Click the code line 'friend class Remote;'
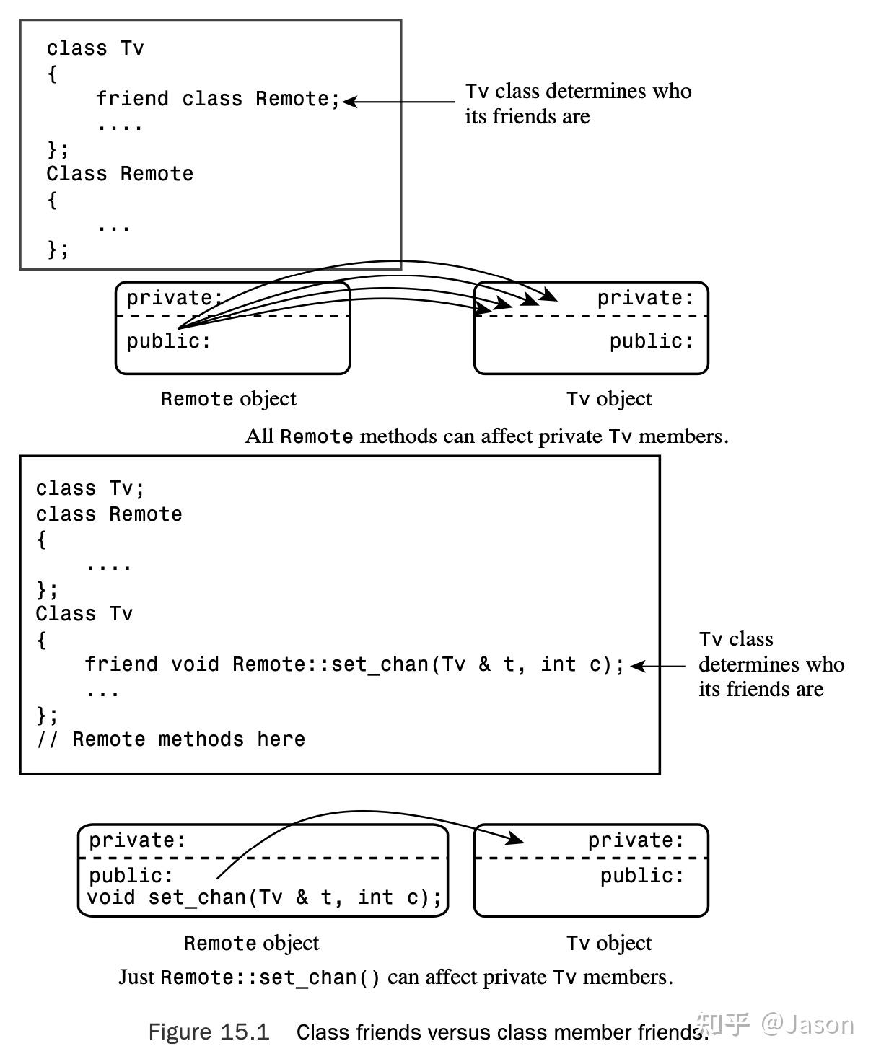(218, 98)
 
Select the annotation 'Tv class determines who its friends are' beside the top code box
(578, 103)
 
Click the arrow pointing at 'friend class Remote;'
(399, 102)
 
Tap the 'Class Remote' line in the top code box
(120, 174)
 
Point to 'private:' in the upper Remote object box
(175, 298)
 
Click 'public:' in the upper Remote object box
(168, 340)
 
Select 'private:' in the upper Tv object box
(645, 298)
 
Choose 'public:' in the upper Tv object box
(652, 340)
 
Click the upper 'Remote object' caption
(228, 399)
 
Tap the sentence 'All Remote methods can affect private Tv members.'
(487, 436)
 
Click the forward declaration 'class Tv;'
(89, 488)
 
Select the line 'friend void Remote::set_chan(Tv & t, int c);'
(354, 664)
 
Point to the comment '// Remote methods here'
(171, 739)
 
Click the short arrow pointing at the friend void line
(657, 666)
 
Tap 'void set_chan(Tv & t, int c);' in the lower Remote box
(264, 897)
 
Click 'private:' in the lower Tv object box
(636, 840)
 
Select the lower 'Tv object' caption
(609, 943)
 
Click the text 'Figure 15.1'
(209, 1032)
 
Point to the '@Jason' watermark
(807, 1024)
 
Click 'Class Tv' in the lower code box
(84, 614)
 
